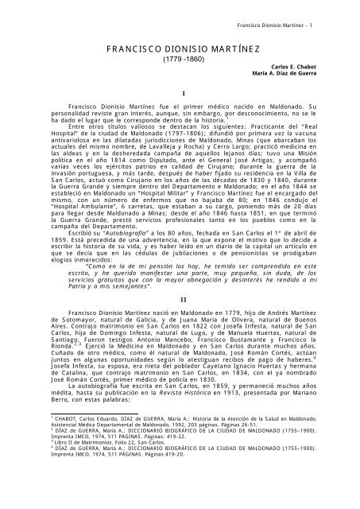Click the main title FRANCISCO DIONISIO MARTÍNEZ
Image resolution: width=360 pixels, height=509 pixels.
[x=180, y=49]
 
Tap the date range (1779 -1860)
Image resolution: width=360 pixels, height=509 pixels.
[x=180, y=60]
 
